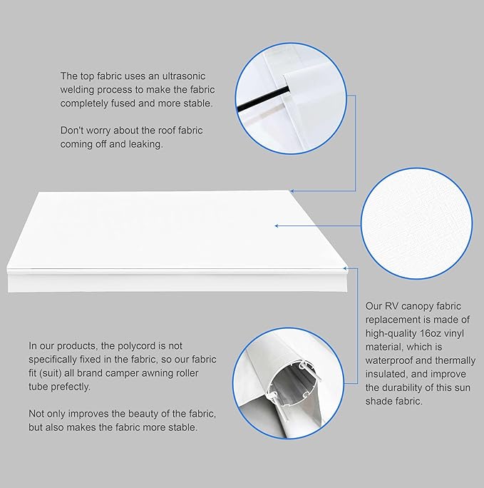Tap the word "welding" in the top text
pyautogui.click(x=79, y=89)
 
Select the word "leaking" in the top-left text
pyautogui.click(x=144, y=143)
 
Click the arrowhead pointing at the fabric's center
pyautogui.click(x=277, y=226)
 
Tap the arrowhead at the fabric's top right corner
pyautogui.click(x=292, y=190)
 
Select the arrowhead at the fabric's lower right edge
pyautogui.click(x=346, y=269)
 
